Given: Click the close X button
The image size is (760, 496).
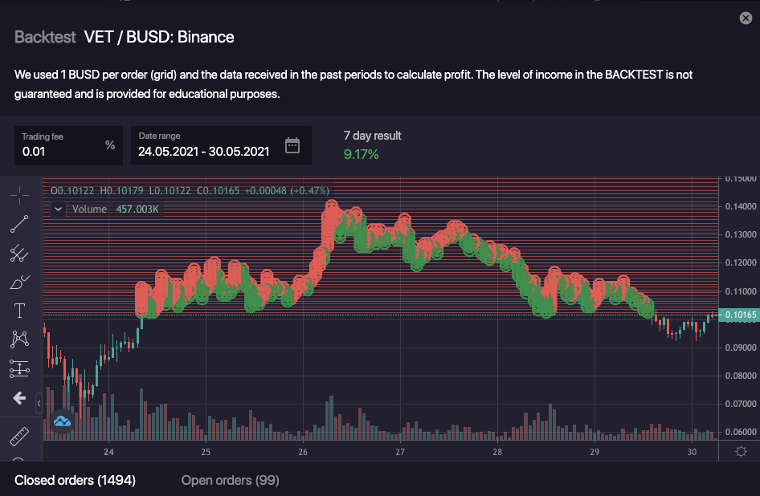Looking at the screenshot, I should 746,18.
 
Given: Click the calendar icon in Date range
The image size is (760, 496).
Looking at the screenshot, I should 292,145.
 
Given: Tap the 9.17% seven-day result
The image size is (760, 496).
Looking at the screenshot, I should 361,153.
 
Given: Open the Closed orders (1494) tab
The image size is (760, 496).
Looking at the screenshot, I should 75,480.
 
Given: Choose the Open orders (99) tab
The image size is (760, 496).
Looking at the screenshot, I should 230,480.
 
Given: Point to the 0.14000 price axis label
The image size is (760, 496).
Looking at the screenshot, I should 741,206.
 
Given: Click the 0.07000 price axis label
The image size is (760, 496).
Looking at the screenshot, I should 741,404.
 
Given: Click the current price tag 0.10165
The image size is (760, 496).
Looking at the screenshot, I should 739,315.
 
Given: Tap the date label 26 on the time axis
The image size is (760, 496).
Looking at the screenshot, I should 303,452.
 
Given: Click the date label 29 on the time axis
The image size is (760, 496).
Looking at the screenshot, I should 595,452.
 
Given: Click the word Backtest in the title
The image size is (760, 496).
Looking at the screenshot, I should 45,37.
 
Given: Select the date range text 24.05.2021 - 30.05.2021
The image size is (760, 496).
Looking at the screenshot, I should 203,151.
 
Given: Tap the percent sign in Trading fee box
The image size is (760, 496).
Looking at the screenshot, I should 110,145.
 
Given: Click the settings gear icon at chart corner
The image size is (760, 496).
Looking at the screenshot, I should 742,452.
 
